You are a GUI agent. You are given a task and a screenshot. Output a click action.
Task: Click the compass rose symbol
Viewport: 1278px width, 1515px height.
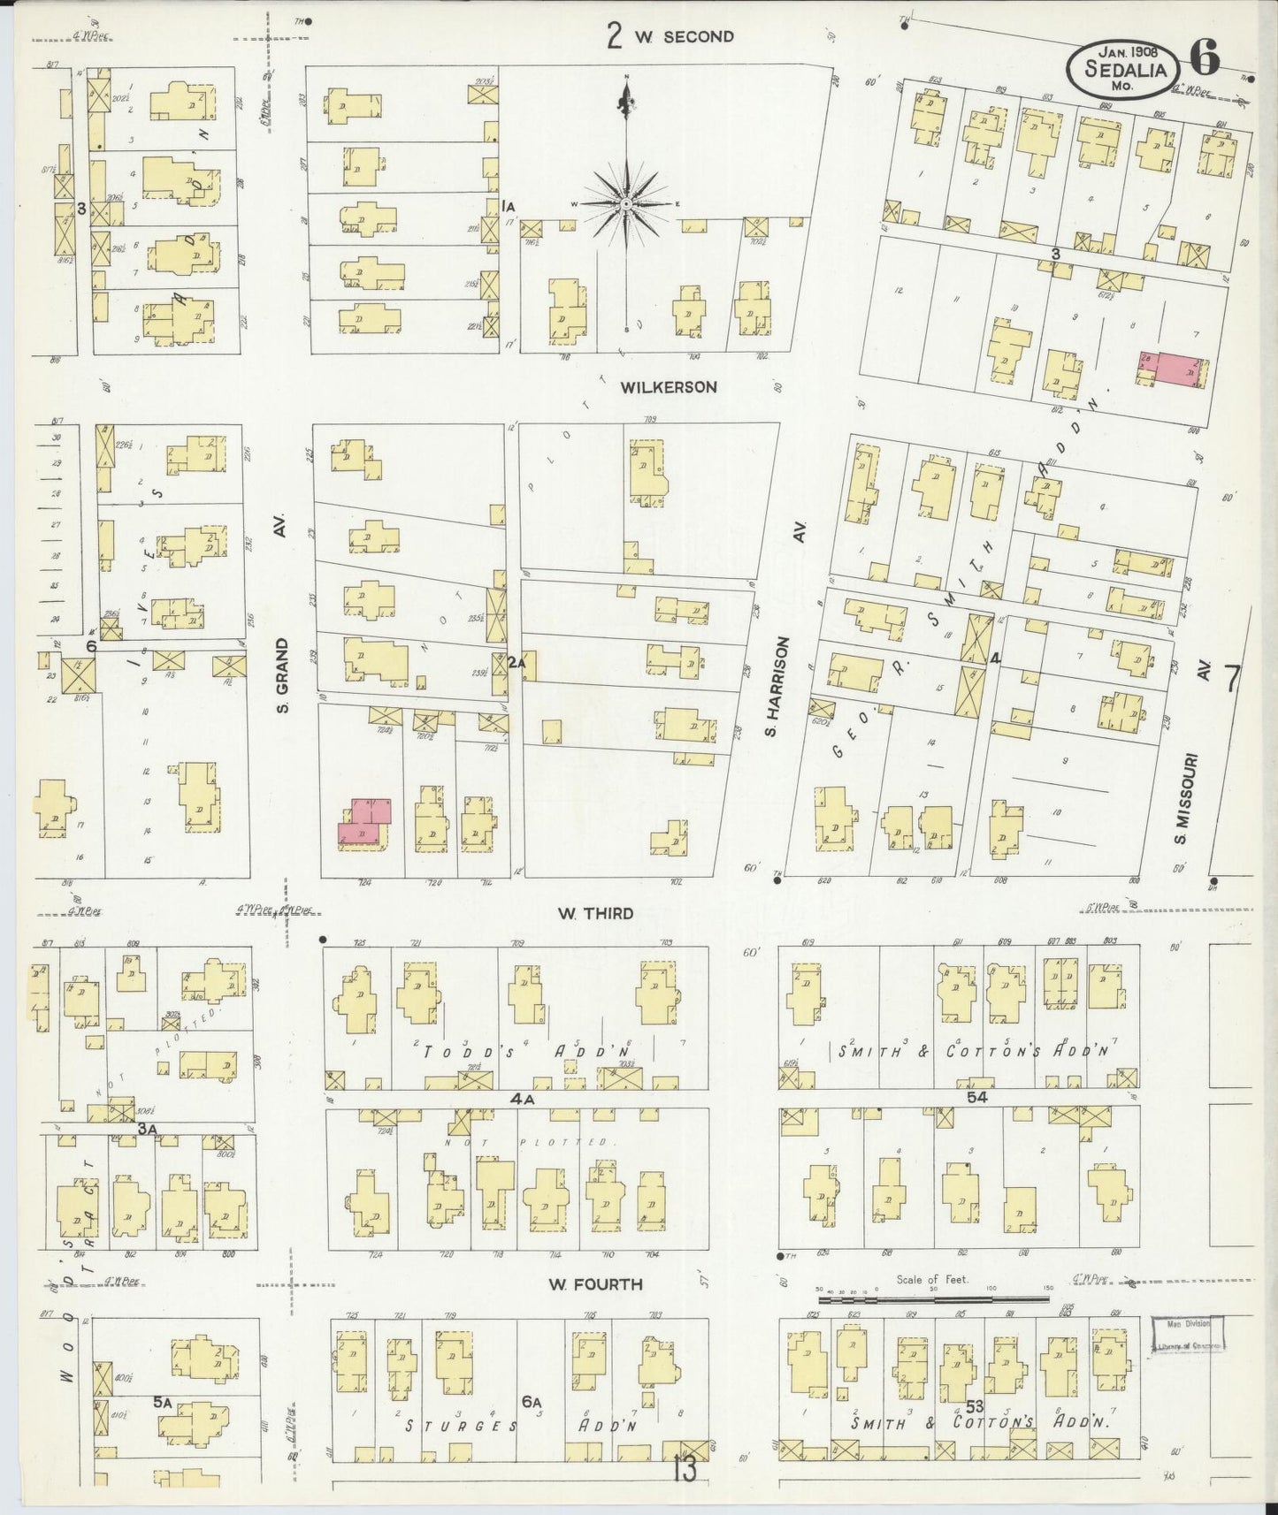point(626,203)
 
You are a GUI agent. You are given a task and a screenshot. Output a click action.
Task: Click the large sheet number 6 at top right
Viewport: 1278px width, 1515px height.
point(1205,58)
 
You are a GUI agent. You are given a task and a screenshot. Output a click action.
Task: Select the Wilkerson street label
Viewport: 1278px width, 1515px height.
point(668,387)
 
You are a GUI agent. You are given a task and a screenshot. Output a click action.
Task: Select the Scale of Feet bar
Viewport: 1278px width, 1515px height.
point(935,1300)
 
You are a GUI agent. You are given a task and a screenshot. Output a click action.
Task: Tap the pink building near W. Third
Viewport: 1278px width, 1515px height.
point(363,822)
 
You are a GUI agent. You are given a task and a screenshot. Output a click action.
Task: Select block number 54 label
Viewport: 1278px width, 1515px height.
point(976,1096)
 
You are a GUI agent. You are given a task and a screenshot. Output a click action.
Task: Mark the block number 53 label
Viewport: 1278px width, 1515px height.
point(975,1405)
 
